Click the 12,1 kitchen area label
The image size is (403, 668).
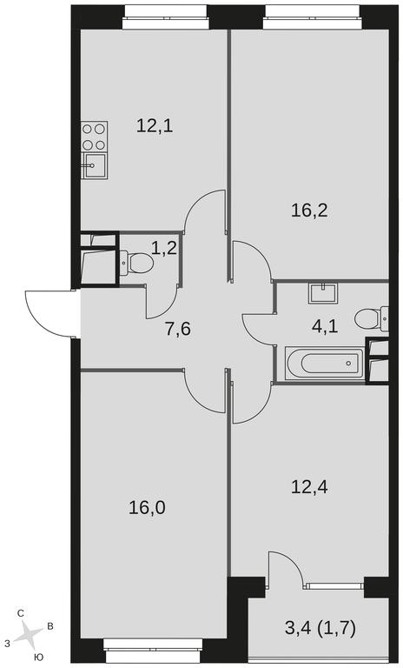(x=155, y=126)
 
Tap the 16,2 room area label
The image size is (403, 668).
(x=309, y=210)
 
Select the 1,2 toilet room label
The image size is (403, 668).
(x=164, y=248)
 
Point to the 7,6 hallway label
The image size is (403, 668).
(x=178, y=329)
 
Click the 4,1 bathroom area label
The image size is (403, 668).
(x=325, y=327)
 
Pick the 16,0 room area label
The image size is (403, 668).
(x=147, y=508)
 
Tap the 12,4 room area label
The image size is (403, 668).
(x=309, y=486)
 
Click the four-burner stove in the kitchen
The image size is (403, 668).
(x=94, y=137)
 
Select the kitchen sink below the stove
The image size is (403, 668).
(x=94, y=166)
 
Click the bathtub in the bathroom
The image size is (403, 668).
(x=325, y=364)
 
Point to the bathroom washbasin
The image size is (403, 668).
(x=323, y=292)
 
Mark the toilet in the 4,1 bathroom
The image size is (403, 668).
(x=371, y=318)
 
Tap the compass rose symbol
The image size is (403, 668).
(x=29, y=633)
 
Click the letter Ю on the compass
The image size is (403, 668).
(x=38, y=658)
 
